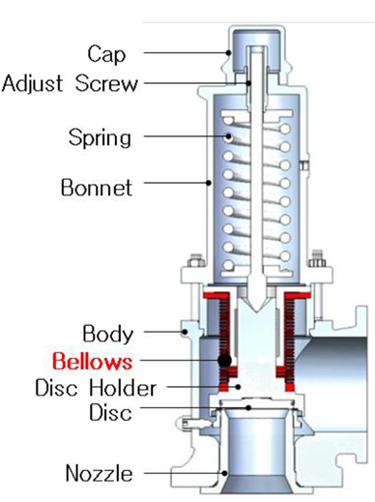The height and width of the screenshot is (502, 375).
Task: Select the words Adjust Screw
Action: tap(70, 83)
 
